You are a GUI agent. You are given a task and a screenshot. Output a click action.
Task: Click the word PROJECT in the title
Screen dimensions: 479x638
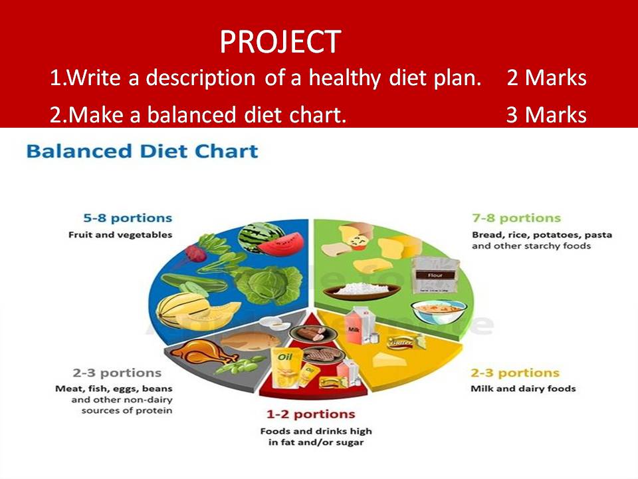pos(280,43)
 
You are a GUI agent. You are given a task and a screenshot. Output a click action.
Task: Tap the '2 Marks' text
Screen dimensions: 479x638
pos(546,79)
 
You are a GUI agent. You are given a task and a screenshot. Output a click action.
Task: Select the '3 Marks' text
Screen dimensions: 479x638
pos(546,115)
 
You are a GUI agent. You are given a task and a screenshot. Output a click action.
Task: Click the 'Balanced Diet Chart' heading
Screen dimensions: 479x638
pos(142,151)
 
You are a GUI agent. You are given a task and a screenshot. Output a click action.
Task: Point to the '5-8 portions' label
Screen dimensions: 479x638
pos(128,218)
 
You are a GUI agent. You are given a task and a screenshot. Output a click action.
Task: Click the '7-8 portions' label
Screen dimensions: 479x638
pos(516,218)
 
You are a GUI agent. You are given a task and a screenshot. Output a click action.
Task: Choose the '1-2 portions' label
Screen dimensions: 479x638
pos(311,414)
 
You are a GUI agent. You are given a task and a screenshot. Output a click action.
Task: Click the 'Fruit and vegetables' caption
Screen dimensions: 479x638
pos(120,235)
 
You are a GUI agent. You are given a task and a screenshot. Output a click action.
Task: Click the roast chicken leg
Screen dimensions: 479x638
pos(199,351)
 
